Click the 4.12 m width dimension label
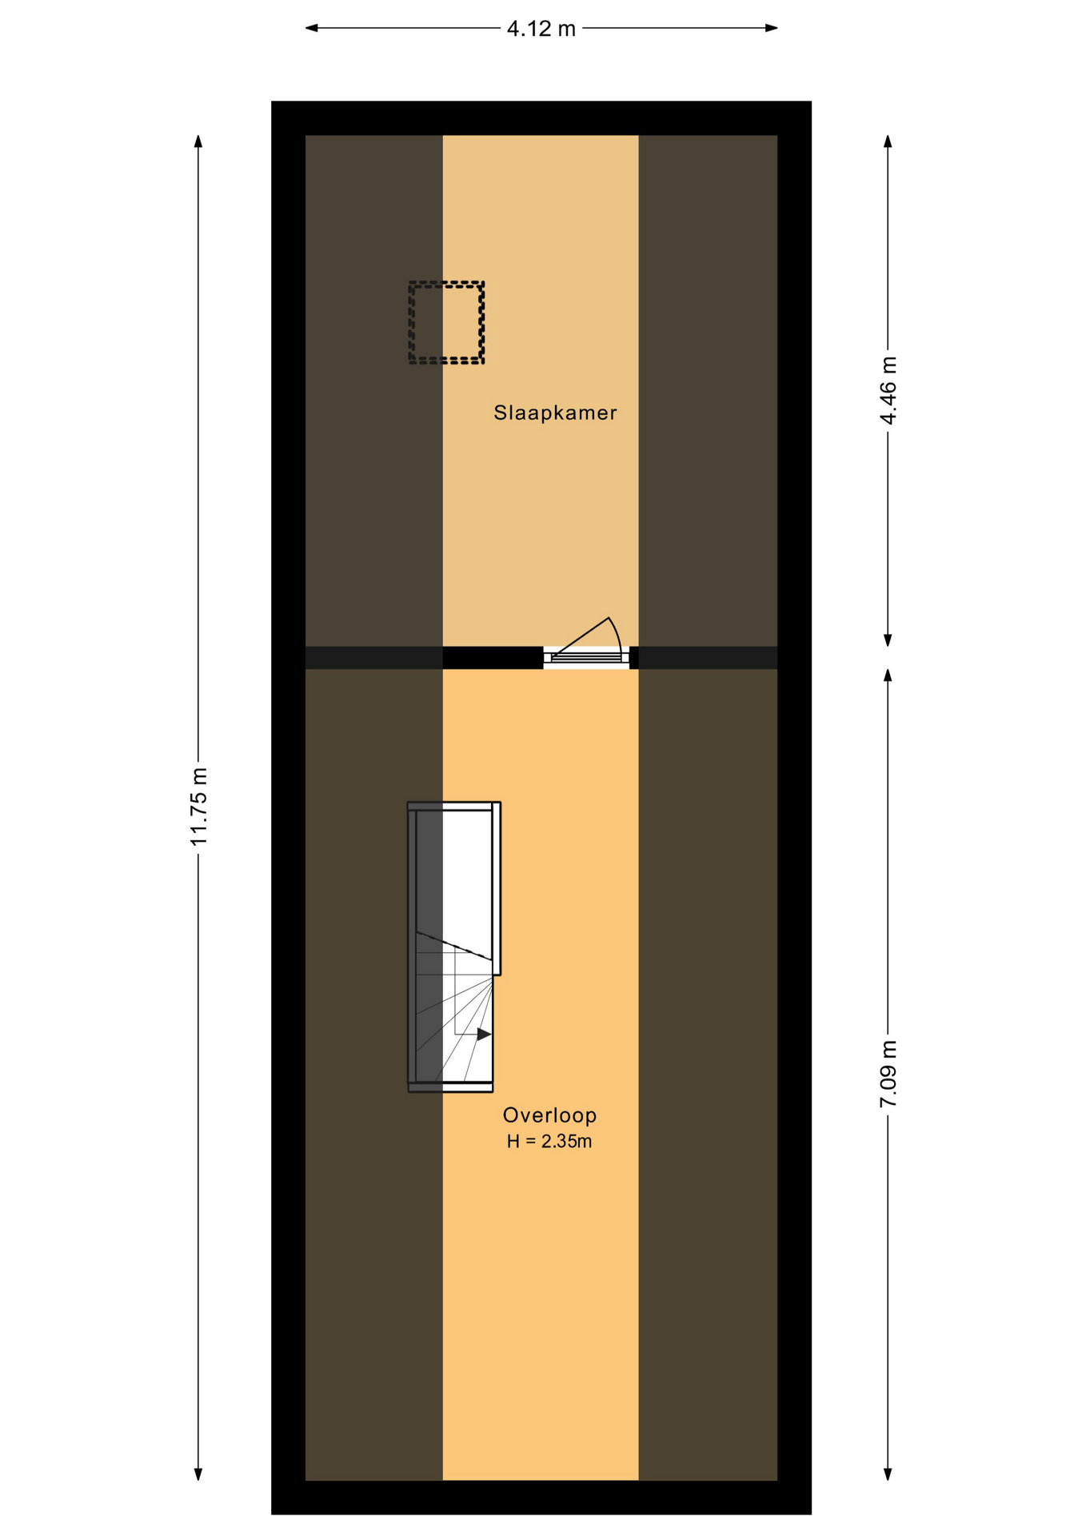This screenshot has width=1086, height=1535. click(x=541, y=29)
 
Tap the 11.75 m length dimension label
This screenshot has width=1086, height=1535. click(x=198, y=806)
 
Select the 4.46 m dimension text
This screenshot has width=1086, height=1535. click(x=888, y=390)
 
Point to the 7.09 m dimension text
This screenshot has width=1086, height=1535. click(x=888, y=1074)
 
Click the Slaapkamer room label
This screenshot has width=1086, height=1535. click(x=555, y=413)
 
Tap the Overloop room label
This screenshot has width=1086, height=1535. click(x=549, y=1114)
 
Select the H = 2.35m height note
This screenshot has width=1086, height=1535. click(x=549, y=1142)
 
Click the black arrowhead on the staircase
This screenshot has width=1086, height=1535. click(x=484, y=1034)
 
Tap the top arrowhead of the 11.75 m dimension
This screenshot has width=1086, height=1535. click(x=198, y=142)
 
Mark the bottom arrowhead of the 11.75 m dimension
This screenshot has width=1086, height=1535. click(x=198, y=1474)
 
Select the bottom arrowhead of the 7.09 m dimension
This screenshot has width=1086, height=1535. click(x=888, y=1474)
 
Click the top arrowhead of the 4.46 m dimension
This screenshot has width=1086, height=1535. click(x=888, y=142)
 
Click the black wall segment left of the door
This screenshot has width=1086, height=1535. click(x=493, y=657)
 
